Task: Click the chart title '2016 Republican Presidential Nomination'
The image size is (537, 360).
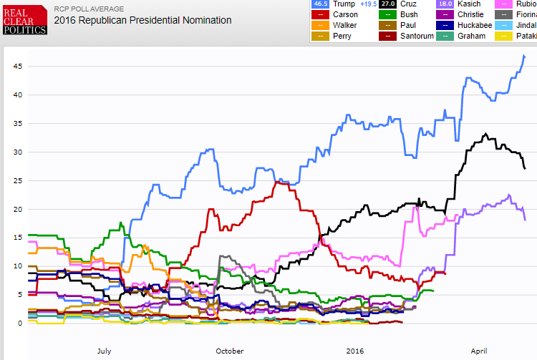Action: (142, 20)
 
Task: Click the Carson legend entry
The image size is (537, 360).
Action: (342, 14)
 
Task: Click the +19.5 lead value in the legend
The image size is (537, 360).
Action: (369, 4)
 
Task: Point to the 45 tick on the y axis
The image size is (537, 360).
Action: (19, 66)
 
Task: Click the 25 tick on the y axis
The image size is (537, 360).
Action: (19, 180)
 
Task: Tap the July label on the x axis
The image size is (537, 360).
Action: (104, 351)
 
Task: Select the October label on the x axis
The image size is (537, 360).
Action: (229, 351)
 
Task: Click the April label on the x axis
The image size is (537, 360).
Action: (479, 351)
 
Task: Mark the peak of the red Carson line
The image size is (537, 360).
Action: (277, 182)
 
